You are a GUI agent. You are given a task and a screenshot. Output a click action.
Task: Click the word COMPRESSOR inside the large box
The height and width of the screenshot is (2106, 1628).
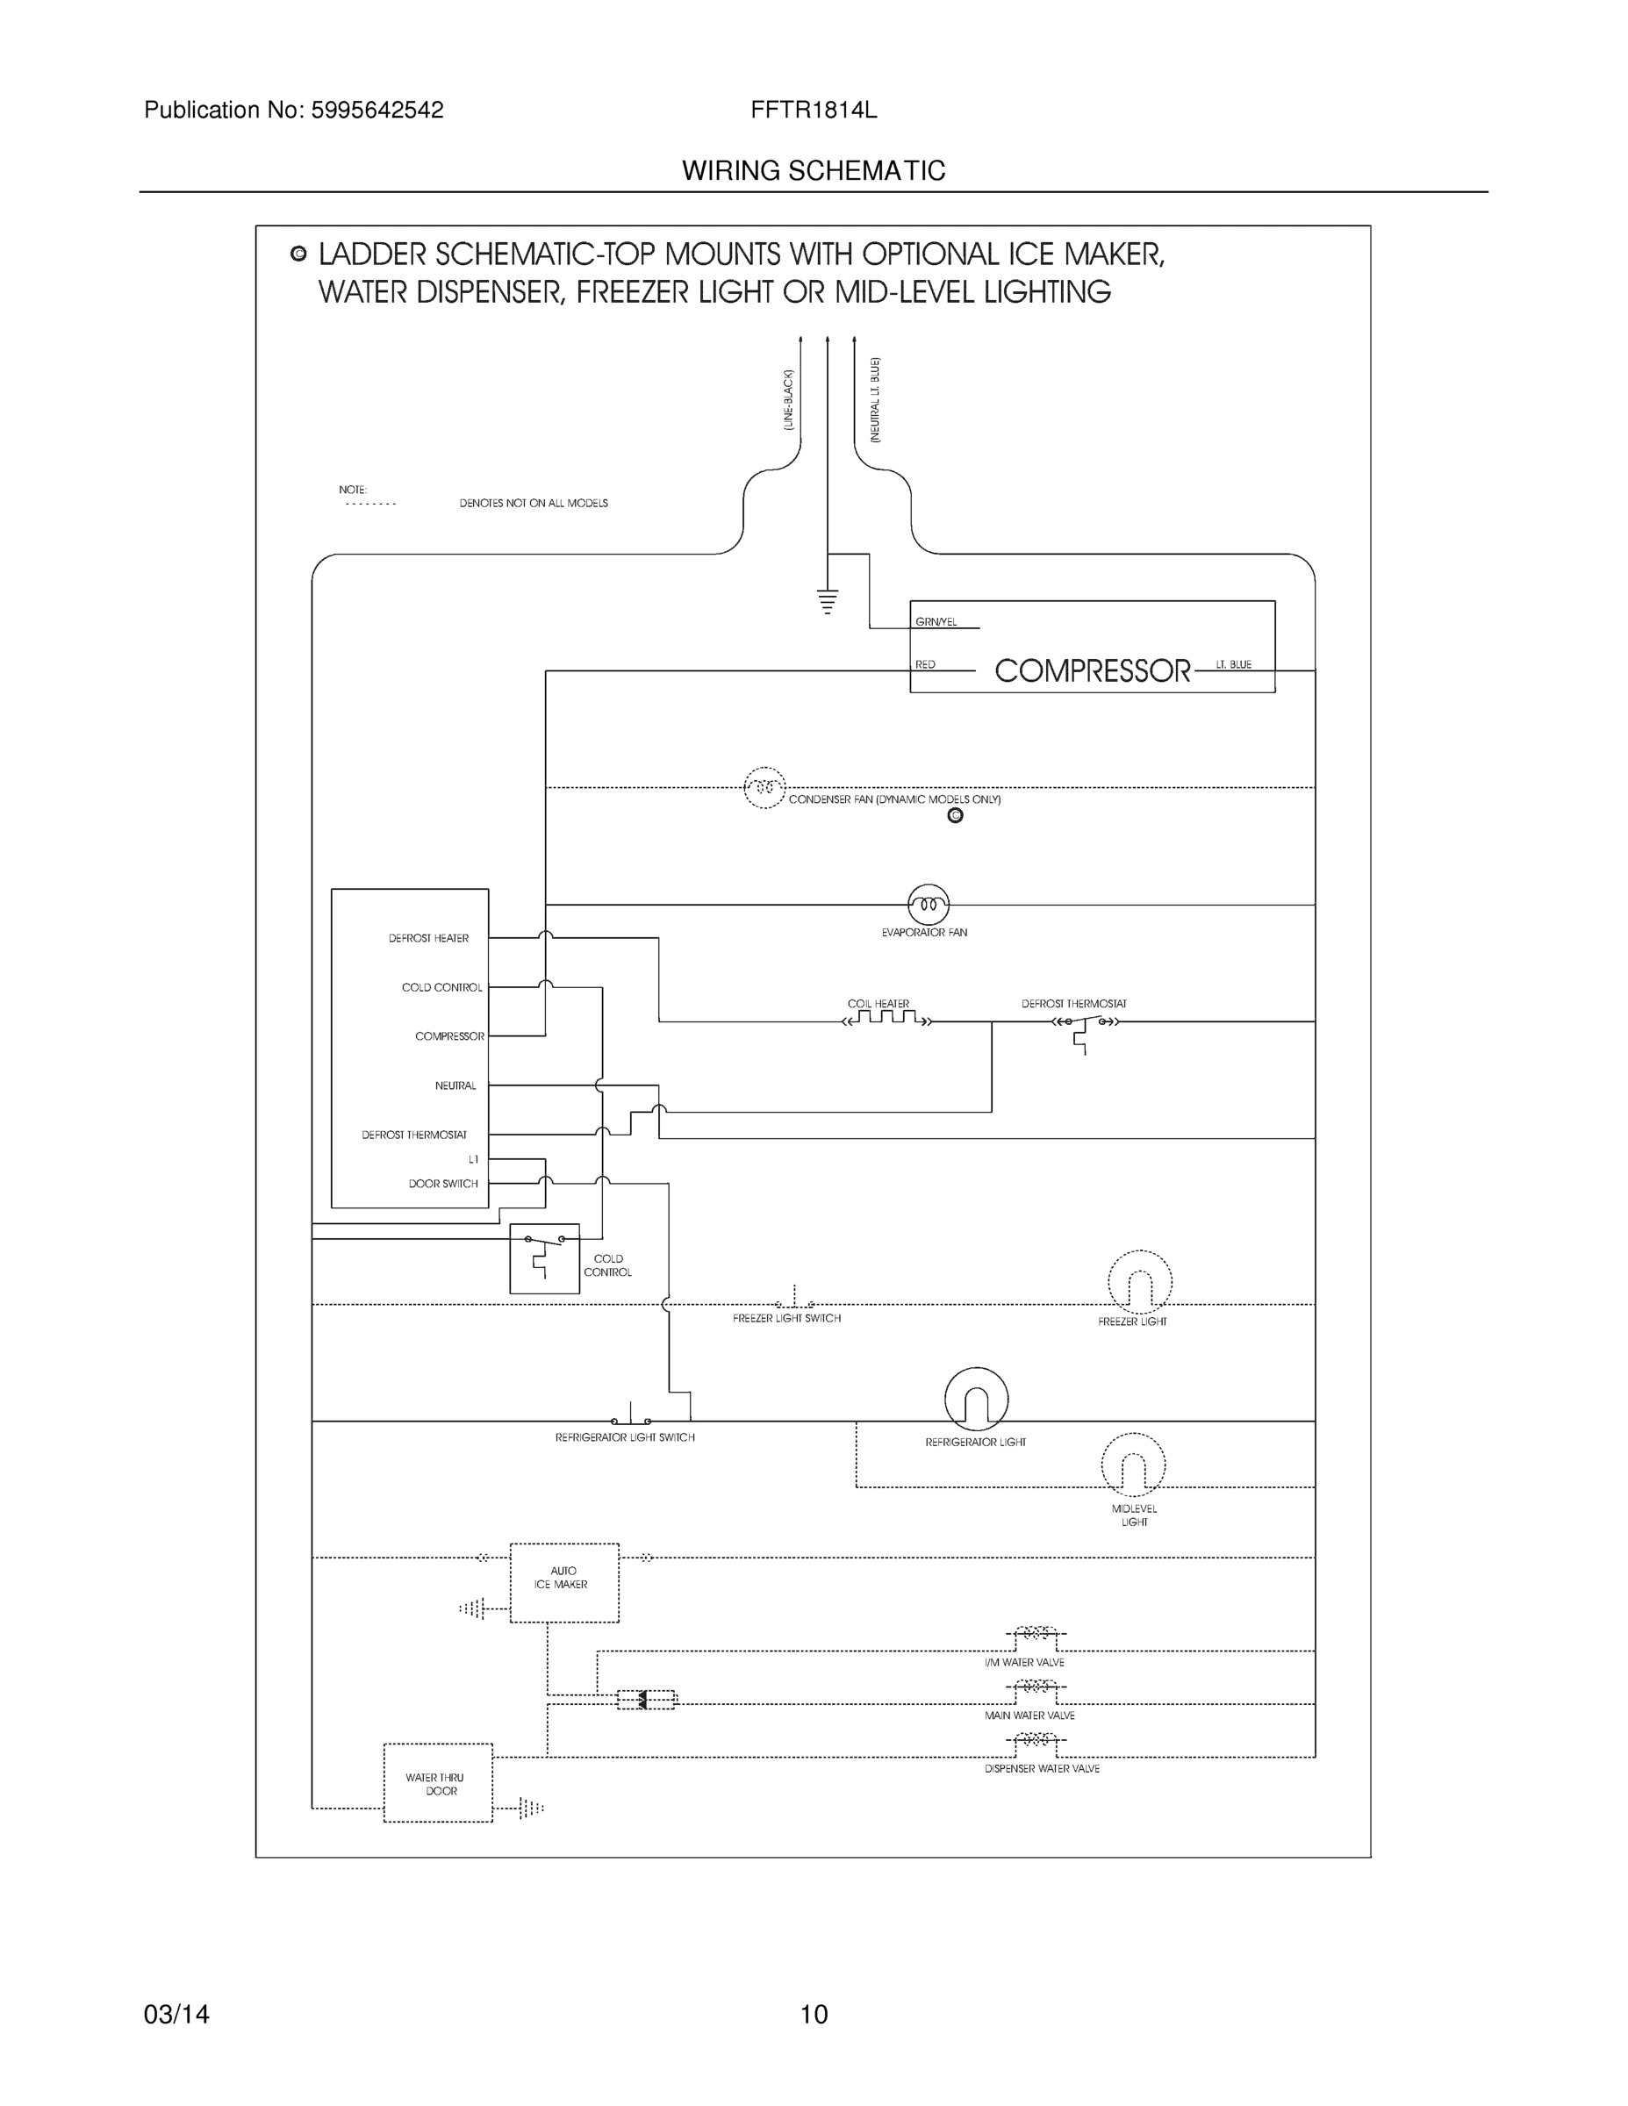coord(1092,670)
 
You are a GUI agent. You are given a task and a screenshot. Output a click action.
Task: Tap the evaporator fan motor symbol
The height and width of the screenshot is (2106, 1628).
coord(928,905)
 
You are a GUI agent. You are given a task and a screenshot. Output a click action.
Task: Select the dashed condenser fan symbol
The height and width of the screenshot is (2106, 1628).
coord(764,788)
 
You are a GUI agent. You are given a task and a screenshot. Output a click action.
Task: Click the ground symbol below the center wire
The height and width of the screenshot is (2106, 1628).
coord(828,602)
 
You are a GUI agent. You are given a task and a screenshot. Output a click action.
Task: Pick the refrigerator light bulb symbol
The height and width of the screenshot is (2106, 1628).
coord(976,1400)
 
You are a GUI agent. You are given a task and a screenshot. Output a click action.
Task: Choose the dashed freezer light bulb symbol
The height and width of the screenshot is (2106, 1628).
coord(1139,1283)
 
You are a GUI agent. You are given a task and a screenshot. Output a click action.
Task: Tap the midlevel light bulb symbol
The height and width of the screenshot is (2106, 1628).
coord(1132,1465)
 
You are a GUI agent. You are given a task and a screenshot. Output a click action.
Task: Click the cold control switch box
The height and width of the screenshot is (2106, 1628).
coord(544,1258)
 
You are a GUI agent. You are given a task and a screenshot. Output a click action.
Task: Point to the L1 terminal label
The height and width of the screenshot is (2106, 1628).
coord(472,1159)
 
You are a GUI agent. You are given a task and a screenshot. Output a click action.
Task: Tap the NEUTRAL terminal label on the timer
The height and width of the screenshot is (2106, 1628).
coord(455,1085)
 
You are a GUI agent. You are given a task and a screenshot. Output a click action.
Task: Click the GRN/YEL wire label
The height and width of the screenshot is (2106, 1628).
coord(936,622)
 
